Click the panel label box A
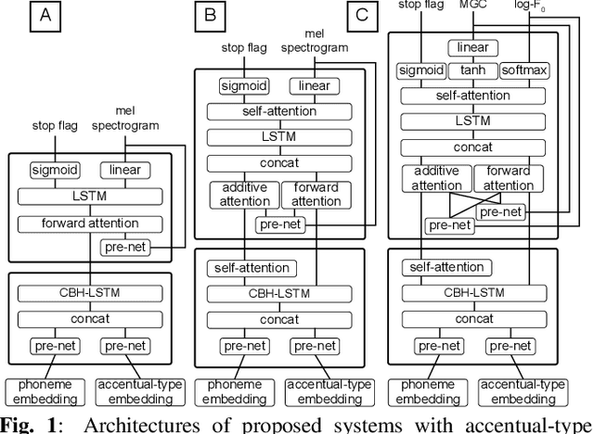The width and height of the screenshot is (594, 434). [28, 17]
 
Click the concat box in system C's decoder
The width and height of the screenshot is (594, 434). [473, 147]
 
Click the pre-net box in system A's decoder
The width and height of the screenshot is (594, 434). [126, 248]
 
